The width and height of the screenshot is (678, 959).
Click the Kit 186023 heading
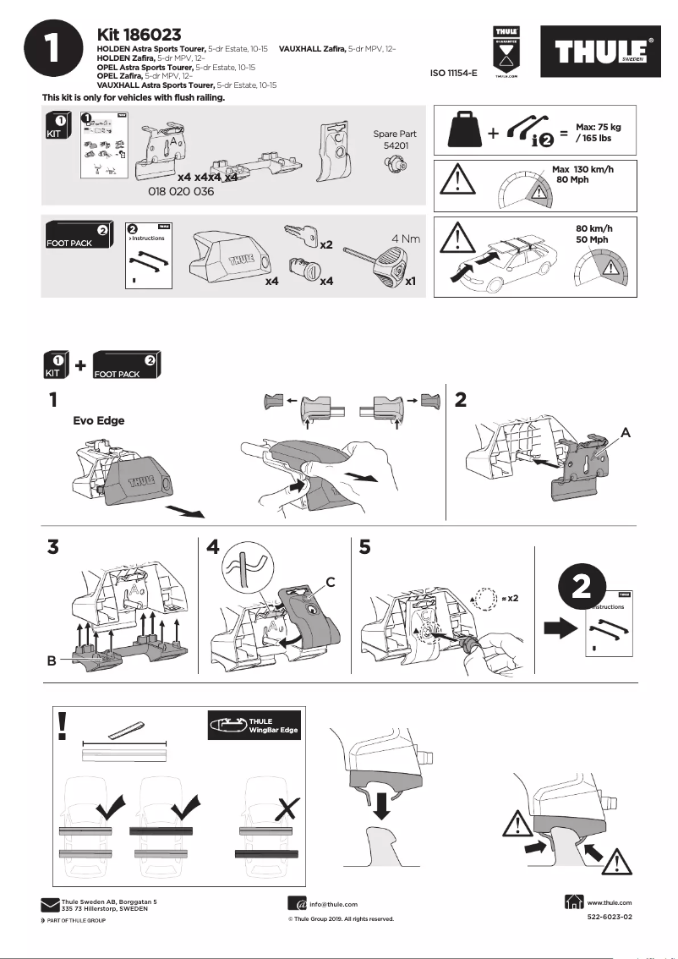tap(139, 35)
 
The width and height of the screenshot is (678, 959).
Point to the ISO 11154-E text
tap(453, 74)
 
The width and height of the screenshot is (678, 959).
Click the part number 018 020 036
tap(181, 192)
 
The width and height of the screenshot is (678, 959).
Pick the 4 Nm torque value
tap(406, 239)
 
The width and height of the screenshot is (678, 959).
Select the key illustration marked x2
tap(301, 234)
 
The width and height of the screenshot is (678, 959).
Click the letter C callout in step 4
tap(331, 582)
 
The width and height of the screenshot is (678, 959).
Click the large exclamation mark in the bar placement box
tap(63, 726)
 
